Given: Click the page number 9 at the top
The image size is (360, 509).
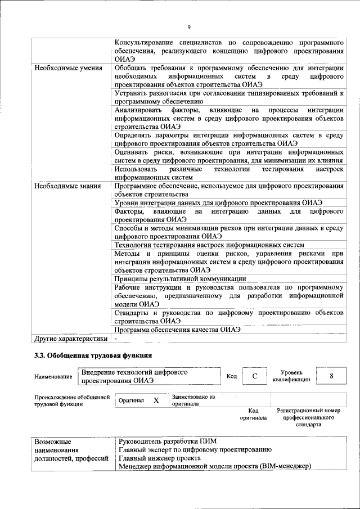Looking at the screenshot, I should [190, 27].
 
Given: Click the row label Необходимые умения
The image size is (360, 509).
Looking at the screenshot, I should [68, 69].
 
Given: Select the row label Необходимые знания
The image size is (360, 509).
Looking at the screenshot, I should [67, 186].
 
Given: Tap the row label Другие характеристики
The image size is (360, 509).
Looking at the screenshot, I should [70, 339].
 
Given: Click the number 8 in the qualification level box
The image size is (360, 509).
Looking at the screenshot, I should [331, 376].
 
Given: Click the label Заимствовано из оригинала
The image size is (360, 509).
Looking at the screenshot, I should [193, 400].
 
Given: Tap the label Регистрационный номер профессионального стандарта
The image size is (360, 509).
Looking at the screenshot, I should [309, 417].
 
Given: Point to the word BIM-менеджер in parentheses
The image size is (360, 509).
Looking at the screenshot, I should [285, 467].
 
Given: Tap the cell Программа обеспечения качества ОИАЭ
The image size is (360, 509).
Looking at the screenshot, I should [177, 330].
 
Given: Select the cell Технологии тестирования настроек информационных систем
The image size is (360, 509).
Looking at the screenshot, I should [209, 245].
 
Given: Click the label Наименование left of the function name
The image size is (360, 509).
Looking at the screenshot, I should [53, 376].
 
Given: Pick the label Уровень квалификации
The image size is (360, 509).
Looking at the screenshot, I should [291, 376].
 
